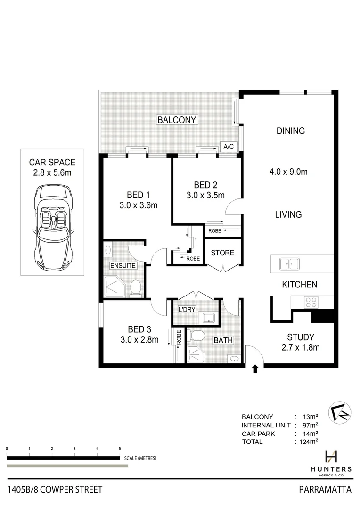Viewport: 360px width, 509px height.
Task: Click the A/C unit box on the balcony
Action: [229, 147]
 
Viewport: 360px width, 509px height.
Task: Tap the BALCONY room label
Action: [177, 120]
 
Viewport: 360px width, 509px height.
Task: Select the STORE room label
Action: [222, 253]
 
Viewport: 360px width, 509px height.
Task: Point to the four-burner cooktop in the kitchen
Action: [311, 302]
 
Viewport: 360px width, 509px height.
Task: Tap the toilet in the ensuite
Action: [136, 287]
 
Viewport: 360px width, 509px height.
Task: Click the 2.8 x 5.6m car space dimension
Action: [52, 173]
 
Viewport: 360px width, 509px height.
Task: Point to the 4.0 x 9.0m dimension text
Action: [291, 172]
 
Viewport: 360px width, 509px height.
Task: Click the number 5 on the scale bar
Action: [120, 448]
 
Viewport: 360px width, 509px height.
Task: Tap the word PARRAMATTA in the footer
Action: [325, 490]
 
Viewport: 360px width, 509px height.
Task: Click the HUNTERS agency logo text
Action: [331, 468]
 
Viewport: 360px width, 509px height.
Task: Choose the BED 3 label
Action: [139, 329]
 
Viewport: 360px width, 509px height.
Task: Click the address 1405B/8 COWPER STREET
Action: [55, 490]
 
